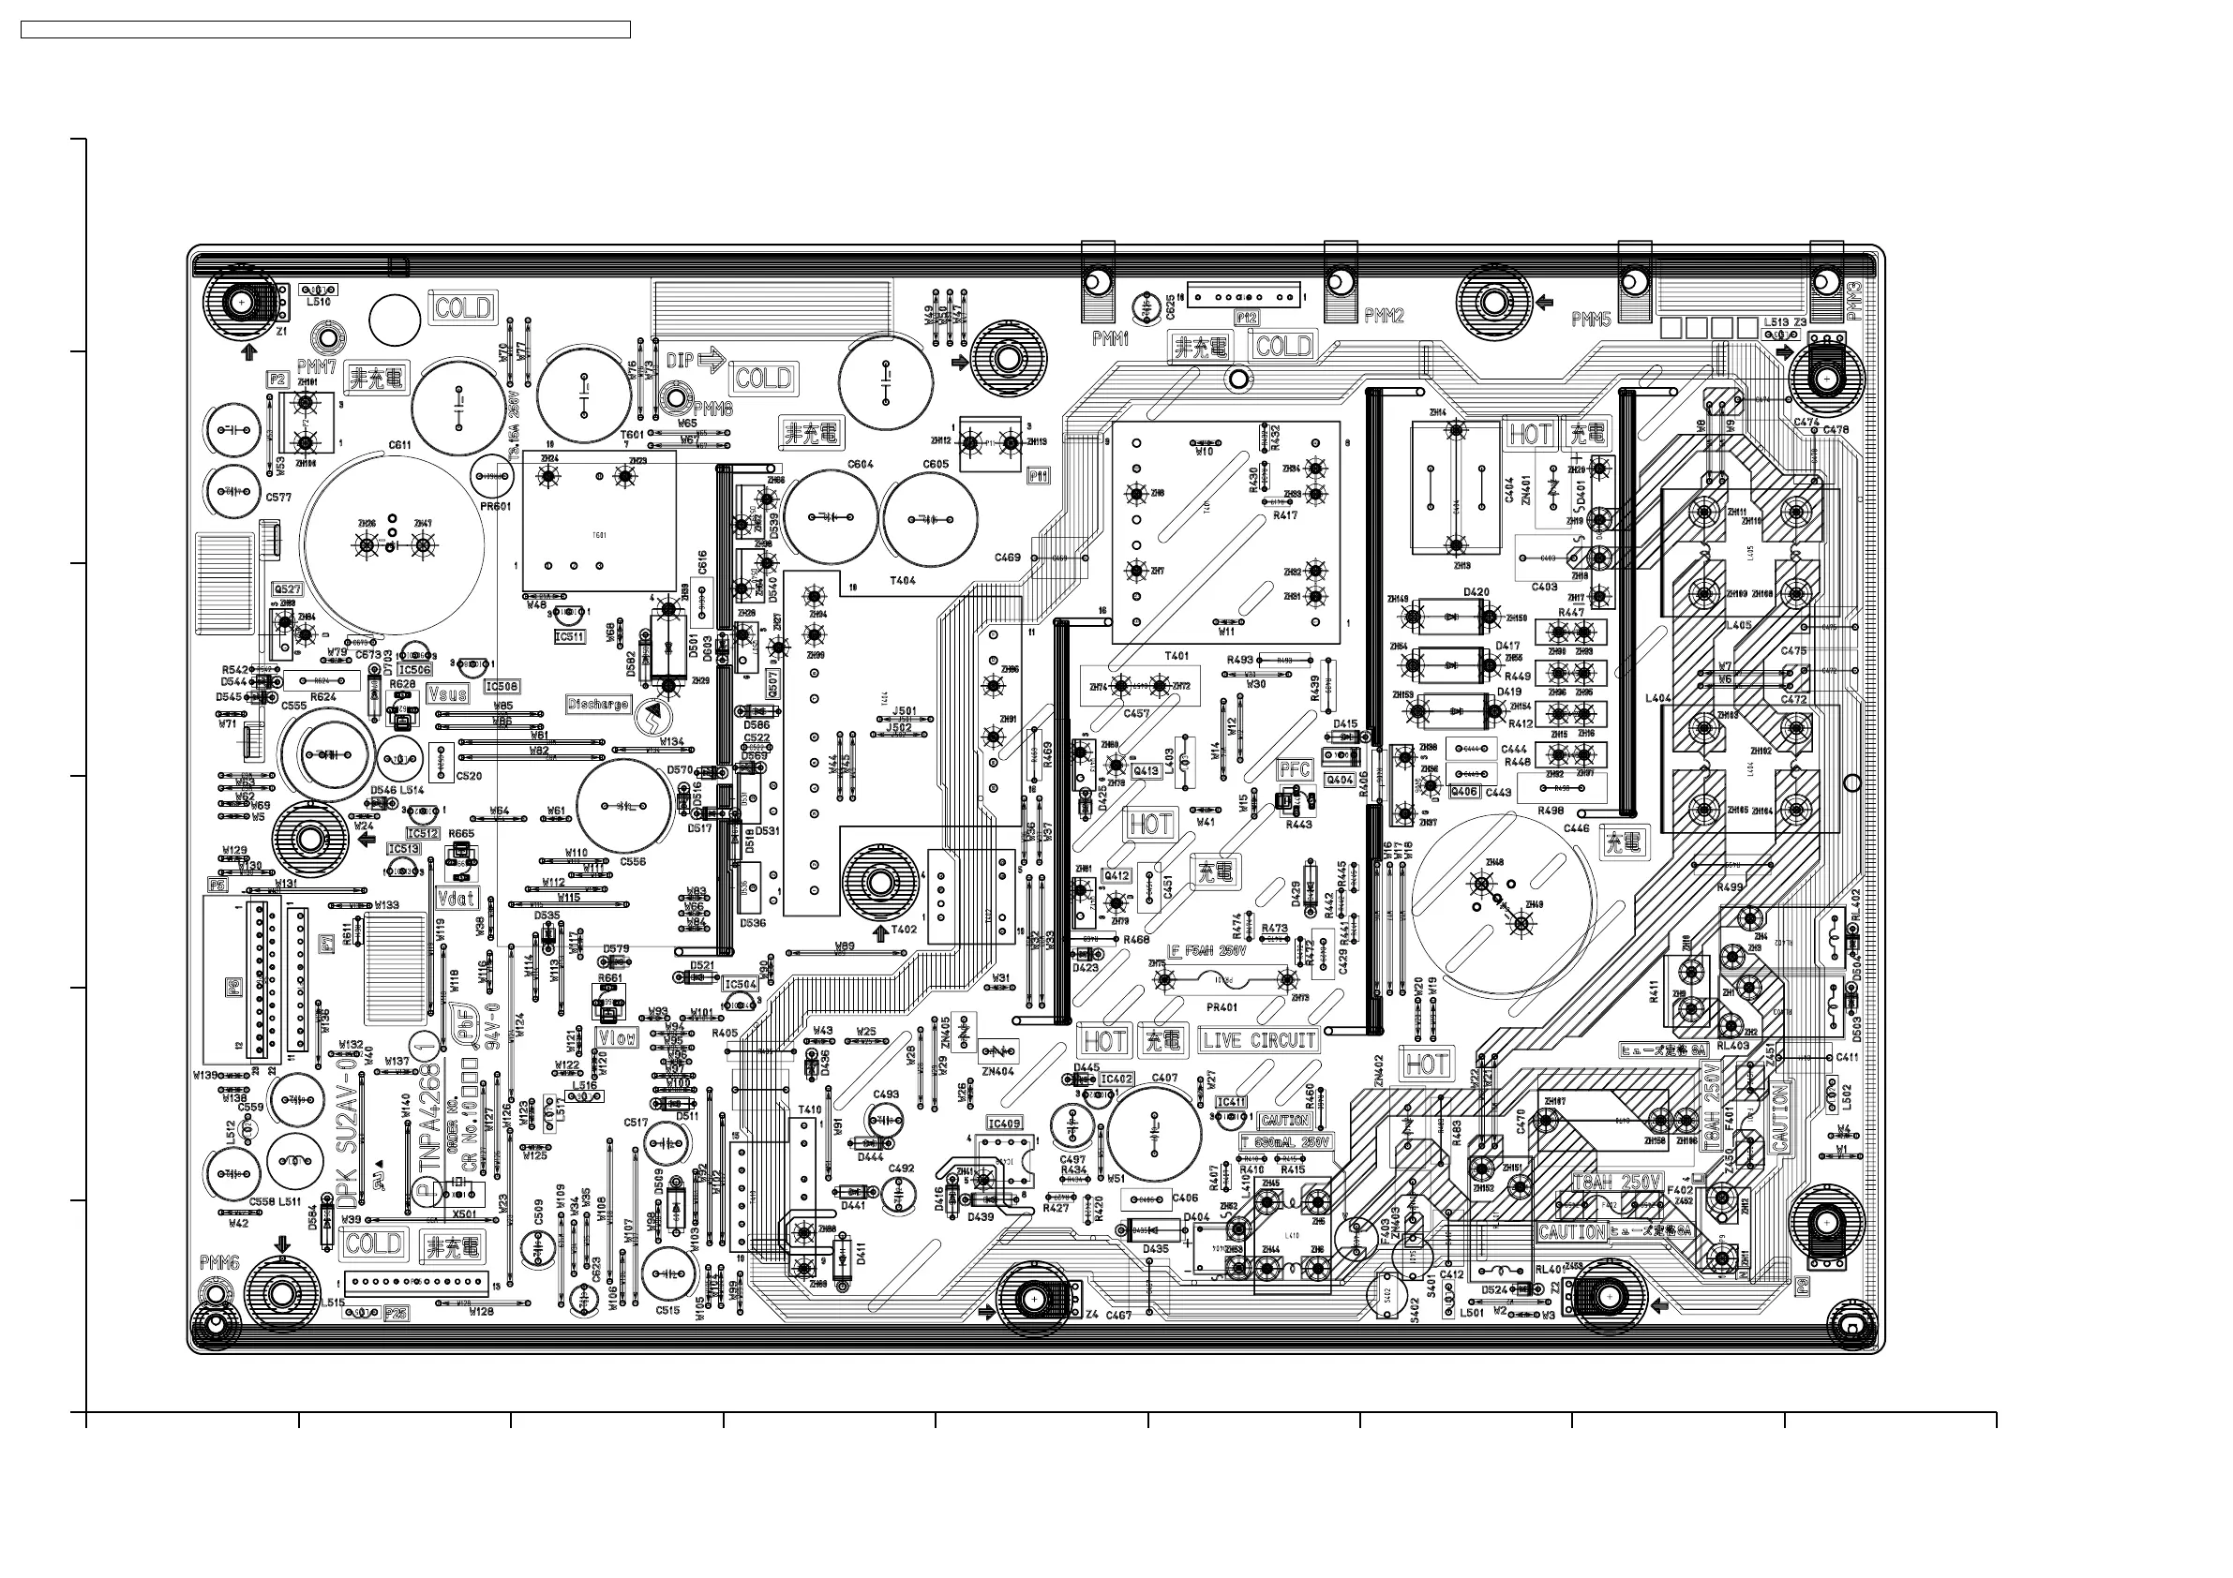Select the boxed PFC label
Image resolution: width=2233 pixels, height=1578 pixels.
click(x=1295, y=769)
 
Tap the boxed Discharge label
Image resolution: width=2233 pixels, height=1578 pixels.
click(x=598, y=703)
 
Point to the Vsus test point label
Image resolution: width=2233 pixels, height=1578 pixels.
click(x=447, y=694)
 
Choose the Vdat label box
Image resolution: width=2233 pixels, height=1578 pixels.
click(x=457, y=898)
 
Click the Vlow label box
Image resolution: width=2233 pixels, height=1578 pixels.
click(x=617, y=1037)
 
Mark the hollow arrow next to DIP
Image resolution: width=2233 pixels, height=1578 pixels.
click(x=712, y=361)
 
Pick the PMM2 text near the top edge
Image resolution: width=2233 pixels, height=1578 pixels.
click(x=1384, y=316)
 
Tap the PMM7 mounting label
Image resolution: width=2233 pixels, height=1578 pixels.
click(x=317, y=366)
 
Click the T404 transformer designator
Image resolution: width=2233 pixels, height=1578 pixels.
click(x=903, y=580)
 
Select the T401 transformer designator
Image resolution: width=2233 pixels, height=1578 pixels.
click(x=1176, y=655)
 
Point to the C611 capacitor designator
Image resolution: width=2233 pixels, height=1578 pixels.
click(x=399, y=445)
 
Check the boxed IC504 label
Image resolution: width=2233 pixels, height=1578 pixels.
click(x=741, y=984)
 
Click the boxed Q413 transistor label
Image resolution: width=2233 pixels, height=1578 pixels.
click(x=1146, y=770)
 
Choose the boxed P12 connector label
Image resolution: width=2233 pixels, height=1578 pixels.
click(x=1246, y=318)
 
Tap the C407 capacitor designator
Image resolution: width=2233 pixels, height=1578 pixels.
click(x=1164, y=1078)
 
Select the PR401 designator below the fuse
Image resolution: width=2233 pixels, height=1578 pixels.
click(x=1221, y=1007)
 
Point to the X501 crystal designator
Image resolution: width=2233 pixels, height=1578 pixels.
click(x=465, y=1213)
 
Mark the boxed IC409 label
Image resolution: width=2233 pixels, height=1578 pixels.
click(x=1005, y=1123)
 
